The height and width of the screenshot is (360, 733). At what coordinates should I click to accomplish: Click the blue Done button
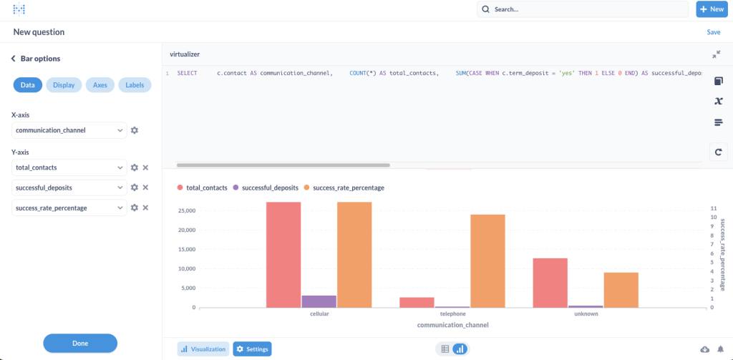tap(80, 343)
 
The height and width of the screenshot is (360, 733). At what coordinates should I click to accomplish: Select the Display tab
tap(64, 85)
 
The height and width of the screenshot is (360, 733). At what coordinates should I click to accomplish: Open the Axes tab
tap(100, 85)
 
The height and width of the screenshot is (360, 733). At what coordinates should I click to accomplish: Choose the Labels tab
tap(135, 85)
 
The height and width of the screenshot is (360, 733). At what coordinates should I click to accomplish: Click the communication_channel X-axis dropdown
tap(69, 130)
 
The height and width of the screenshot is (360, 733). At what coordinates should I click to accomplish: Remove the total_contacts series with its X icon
tap(145, 167)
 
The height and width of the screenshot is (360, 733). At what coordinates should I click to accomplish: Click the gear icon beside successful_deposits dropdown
tap(134, 188)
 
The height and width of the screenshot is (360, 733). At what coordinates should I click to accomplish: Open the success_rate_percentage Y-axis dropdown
tap(69, 208)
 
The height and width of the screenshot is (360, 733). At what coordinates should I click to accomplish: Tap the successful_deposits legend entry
tap(263, 188)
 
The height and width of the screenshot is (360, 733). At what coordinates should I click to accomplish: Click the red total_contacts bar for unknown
tap(550, 283)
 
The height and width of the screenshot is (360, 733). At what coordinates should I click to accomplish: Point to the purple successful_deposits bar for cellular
tap(319, 301)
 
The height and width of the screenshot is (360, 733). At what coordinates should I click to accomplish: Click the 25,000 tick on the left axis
tap(186, 211)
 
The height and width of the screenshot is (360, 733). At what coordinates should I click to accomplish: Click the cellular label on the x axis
tap(319, 314)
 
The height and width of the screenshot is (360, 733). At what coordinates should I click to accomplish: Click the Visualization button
tap(203, 349)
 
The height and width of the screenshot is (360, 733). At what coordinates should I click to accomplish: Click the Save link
tap(713, 32)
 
